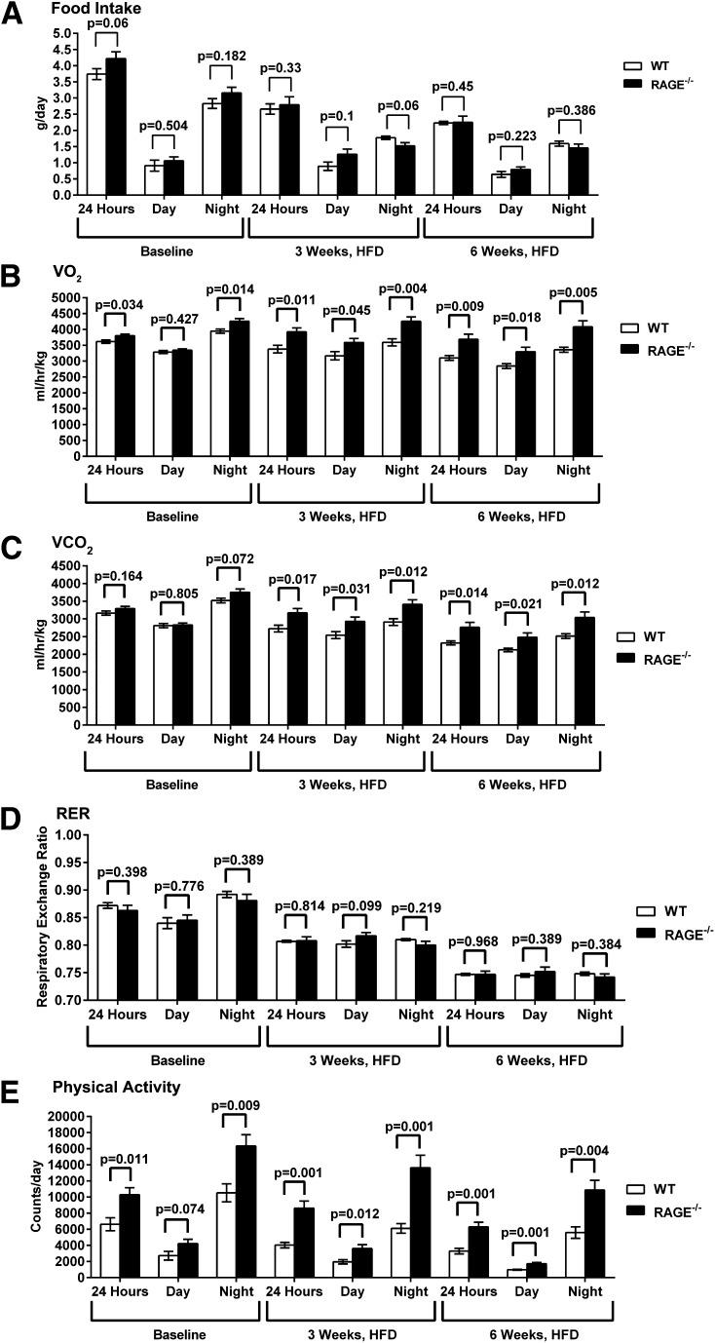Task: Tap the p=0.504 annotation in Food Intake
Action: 166,125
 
